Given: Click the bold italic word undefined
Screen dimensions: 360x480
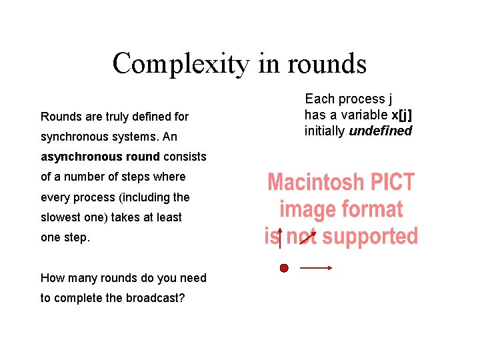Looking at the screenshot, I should (x=380, y=131).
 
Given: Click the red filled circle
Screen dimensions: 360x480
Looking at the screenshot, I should (x=284, y=268).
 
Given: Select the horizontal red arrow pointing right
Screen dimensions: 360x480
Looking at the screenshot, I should (x=316, y=268).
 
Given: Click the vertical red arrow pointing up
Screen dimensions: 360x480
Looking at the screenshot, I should (x=279, y=238).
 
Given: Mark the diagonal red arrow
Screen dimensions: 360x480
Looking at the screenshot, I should (x=308, y=237).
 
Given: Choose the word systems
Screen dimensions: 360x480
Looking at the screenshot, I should (x=121, y=137).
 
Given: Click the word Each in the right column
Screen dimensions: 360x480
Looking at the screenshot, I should (x=319, y=99).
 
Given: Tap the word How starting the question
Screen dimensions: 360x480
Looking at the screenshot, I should (x=52, y=278).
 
